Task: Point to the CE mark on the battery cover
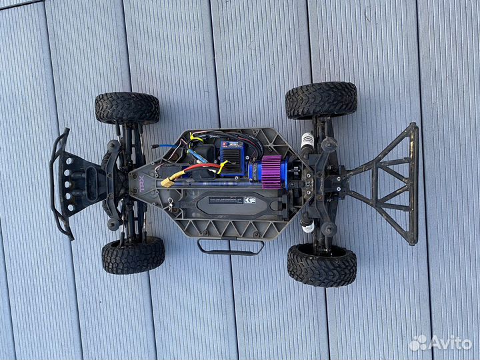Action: [x=250, y=199]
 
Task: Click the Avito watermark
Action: [x=441, y=343]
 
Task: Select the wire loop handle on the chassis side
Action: [x=230, y=247]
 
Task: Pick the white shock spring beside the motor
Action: [x=307, y=141]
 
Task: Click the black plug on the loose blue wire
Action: [x=155, y=145]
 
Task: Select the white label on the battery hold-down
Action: [x=225, y=199]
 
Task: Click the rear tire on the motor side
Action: [x=321, y=100]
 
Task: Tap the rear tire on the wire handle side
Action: [x=321, y=264]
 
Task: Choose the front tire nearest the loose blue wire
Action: [x=127, y=108]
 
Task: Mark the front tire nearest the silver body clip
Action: [x=133, y=255]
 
